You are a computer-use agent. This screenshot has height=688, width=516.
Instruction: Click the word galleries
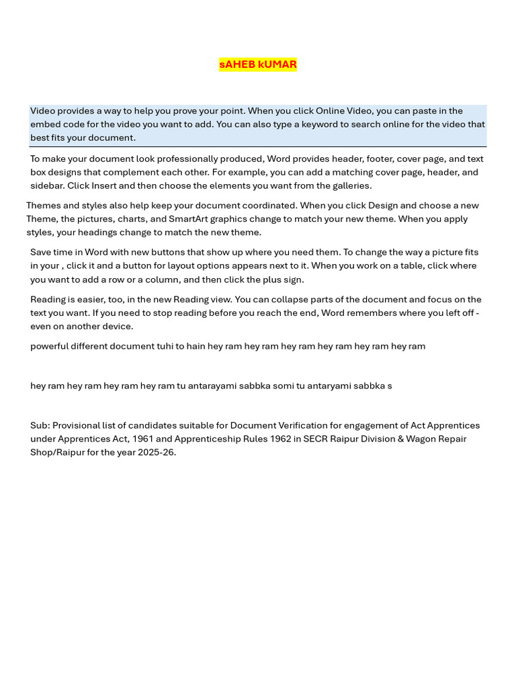pos(350,186)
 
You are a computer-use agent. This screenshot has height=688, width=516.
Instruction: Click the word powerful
pos(50,347)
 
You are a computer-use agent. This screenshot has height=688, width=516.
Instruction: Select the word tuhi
pos(164,347)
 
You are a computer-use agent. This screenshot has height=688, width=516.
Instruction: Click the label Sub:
pos(40,426)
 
